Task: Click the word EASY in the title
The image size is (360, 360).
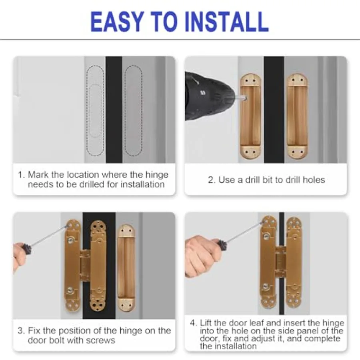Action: point(117,22)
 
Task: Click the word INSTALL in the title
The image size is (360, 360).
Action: point(226,22)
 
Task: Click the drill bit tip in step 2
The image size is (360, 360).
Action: point(246,98)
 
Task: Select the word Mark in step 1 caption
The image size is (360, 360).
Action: point(38,175)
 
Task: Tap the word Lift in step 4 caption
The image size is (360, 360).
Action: point(206,323)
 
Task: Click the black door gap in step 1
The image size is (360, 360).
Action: point(114,110)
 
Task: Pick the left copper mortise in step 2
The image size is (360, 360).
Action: point(250,116)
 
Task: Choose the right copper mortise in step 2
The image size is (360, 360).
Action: point(297,116)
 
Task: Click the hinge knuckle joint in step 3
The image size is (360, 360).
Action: point(85,266)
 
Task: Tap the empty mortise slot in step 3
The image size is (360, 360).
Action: point(126,268)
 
